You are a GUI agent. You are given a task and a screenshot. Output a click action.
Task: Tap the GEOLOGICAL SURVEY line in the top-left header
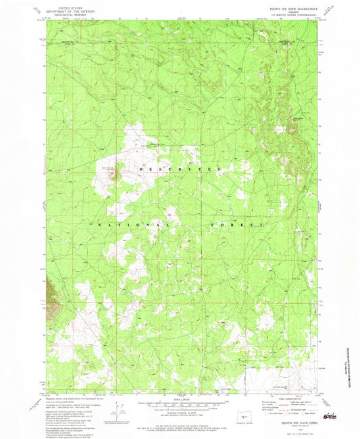coord(72,12)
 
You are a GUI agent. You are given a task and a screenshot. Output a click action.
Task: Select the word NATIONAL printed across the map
coord(131,224)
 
